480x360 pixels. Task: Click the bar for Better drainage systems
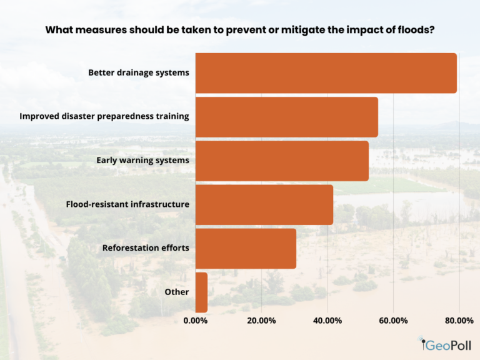(x=326, y=73)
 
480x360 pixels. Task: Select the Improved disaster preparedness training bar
(x=286, y=117)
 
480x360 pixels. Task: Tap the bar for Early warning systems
(x=282, y=161)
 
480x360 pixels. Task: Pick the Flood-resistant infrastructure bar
(x=264, y=204)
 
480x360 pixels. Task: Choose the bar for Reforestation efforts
(x=246, y=248)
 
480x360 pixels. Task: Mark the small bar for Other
(x=201, y=292)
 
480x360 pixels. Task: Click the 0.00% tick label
(x=196, y=321)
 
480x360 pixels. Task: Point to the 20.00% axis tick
(x=261, y=321)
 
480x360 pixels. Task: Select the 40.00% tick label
(x=327, y=321)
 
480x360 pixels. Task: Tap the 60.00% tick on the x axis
(x=393, y=321)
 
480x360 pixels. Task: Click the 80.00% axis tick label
(x=459, y=321)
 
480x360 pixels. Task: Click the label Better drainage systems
(x=138, y=72)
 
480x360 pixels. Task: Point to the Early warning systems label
(x=142, y=161)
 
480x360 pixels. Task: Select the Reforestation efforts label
(x=146, y=248)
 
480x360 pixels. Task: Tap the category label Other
(x=176, y=292)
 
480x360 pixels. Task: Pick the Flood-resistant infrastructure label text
(x=127, y=204)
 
